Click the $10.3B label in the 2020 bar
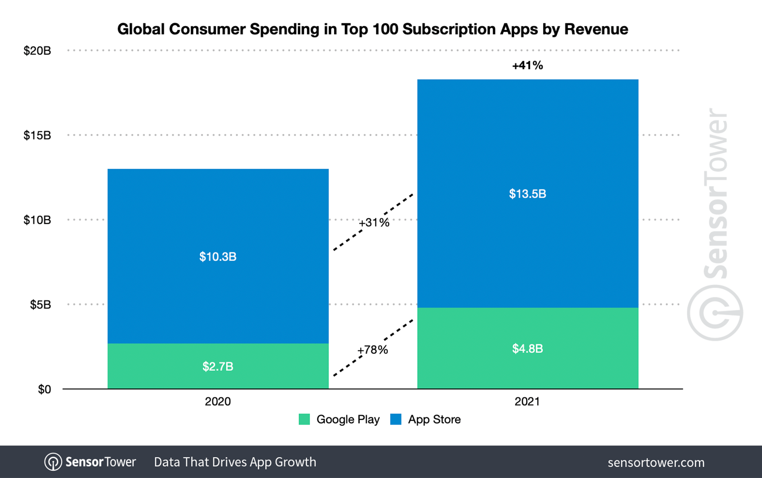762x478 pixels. pos(218,257)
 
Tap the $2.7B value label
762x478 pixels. pos(218,366)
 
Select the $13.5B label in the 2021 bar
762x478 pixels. pos(528,194)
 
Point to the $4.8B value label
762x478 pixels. pos(528,348)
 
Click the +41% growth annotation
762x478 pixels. pos(528,65)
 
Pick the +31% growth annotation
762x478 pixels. pos(374,223)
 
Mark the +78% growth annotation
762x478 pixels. pos(373,350)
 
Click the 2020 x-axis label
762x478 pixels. pos(218,401)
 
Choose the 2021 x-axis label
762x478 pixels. pos(527,401)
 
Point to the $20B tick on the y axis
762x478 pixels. pos(37,51)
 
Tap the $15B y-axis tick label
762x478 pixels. pos(37,135)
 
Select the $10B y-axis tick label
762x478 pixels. pos(37,220)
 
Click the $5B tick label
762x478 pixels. pos(40,304)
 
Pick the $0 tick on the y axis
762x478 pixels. pos(44,389)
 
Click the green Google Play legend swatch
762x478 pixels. pos(304,419)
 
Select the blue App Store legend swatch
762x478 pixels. pos(396,419)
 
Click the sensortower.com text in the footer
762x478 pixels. pos(656,462)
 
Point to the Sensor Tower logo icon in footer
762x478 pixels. pos(53,462)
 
